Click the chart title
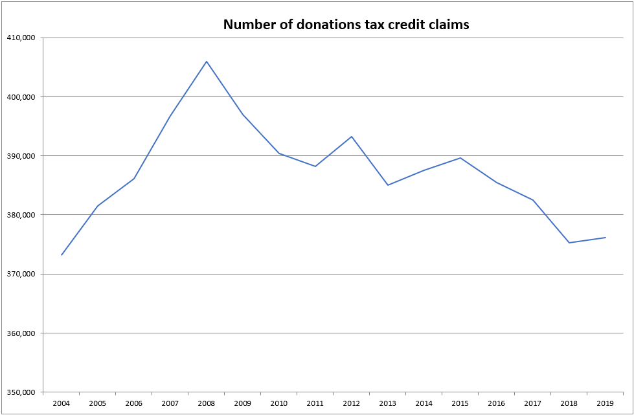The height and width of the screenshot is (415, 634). coord(346,25)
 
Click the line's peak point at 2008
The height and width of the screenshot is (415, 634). coord(207,62)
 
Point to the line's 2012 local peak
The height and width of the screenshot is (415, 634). coord(351,137)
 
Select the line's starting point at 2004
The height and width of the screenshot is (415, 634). coord(62,255)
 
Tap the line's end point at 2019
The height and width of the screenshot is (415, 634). coord(606,238)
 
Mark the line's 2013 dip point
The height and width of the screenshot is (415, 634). coord(388,185)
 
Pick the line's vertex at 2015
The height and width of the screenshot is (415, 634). coord(460,157)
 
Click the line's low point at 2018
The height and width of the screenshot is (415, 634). coord(569,243)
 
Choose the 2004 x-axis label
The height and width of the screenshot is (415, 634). coord(62,403)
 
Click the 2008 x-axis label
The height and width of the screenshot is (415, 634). coord(207,403)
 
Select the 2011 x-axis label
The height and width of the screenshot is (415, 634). coord(315,403)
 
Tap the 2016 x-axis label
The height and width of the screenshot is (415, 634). coord(497,403)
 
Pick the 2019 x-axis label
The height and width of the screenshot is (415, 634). coord(606,403)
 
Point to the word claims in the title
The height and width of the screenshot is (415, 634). coord(448,25)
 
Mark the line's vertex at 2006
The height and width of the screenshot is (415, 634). coord(134,179)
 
